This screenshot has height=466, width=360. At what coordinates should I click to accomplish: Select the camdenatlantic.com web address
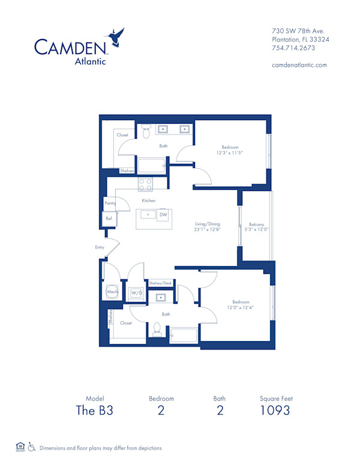click(x=299, y=65)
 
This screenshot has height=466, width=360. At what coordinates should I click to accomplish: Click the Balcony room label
click(x=256, y=225)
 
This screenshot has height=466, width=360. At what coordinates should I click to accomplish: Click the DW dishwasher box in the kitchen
click(x=163, y=214)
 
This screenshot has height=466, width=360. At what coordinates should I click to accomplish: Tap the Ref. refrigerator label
click(x=109, y=219)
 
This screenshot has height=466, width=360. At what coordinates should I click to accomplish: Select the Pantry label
click(x=109, y=204)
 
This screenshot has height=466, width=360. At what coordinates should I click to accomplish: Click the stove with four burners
click(x=146, y=184)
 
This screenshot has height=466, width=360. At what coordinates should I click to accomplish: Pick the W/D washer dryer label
click(x=136, y=292)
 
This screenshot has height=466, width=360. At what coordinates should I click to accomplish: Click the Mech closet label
click(x=112, y=292)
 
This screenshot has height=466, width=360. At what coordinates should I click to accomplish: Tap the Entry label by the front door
click(x=100, y=247)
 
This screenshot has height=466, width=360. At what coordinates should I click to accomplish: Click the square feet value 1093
click(x=275, y=411)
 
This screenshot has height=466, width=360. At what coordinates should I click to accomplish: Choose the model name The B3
click(x=94, y=411)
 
